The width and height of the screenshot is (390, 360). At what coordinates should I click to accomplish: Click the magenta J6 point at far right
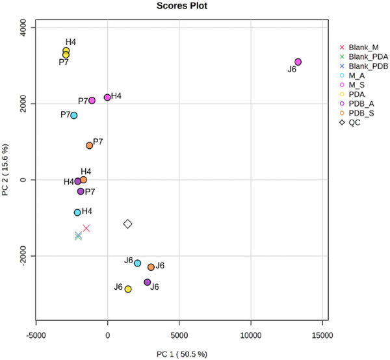point(298,62)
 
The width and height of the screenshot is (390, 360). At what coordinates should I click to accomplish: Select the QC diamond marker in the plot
point(128,224)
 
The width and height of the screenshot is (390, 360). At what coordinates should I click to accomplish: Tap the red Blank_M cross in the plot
point(86,228)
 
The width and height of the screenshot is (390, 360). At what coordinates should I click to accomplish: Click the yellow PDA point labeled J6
point(128,289)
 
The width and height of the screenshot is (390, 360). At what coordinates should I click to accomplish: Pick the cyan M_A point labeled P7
point(74,115)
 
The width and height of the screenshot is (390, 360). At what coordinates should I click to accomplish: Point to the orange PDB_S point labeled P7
point(90,146)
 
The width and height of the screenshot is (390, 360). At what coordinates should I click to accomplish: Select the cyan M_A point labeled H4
point(77,212)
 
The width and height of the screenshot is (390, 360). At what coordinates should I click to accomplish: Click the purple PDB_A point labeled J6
point(148,282)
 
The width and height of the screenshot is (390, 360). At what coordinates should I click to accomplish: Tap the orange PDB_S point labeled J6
point(151,267)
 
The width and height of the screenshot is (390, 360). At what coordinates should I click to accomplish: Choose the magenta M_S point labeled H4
point(107,97)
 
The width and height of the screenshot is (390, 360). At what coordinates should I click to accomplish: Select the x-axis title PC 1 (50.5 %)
point(181,352)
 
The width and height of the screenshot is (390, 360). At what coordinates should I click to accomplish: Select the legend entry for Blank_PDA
point(367,57)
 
